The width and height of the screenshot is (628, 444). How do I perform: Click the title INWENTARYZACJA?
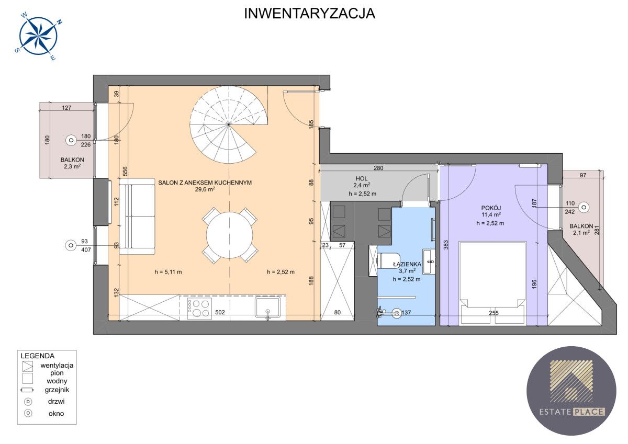click(309, 14)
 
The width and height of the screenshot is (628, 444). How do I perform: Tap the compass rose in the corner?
click(38, 37)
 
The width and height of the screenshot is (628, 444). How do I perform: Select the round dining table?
click(229, 235)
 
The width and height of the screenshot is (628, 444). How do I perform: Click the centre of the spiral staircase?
click(229, 124)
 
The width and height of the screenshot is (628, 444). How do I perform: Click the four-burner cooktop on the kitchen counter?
click(199, 309)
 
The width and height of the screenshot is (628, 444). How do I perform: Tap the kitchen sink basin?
click(267, 308)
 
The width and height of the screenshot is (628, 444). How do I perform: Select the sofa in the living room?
click(137, 217)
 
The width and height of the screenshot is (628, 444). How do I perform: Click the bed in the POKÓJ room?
click(492, 283)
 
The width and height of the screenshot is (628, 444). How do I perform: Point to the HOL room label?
click(362, 178)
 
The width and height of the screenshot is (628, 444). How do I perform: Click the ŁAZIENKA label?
click(407, 264)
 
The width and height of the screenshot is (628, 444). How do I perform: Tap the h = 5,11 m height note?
click(168, 272)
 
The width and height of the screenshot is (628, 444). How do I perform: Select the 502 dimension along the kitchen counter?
click(220, 312)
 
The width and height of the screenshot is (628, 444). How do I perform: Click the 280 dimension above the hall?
click(378, 168)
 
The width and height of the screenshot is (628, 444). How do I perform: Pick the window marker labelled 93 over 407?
click(71, 245)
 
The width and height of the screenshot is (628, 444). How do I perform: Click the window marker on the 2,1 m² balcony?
click(584, 207)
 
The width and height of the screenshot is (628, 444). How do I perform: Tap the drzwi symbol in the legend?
click(28, 402)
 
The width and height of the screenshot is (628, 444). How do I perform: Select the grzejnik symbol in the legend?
click(27, 390)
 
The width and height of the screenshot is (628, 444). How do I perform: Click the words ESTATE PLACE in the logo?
click(571, 412)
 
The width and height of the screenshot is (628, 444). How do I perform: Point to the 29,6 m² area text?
click(205, 189)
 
